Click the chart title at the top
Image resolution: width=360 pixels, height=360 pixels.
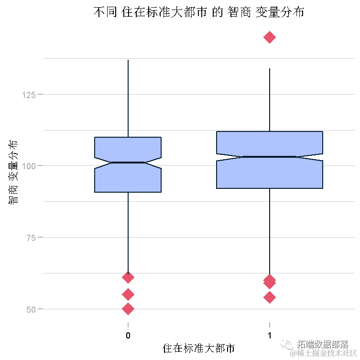click(x=198, y=13)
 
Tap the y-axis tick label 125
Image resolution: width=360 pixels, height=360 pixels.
click(x=29, y=94)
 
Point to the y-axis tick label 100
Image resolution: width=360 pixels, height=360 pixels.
click(x=29, y=166)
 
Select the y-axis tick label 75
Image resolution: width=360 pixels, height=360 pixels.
click(x=31, y=238)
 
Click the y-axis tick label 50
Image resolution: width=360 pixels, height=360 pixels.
click(x=31, y=309)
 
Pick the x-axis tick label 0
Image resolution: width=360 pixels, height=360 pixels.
click(x=128, y=335)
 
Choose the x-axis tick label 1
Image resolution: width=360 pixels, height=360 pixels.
click(x=270, y=335)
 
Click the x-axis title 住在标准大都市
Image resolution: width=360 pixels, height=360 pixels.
click(x=198, y=348)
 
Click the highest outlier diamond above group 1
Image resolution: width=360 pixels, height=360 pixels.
click(x=270, y=37)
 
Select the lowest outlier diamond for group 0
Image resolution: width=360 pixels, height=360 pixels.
click(x=128, y=309)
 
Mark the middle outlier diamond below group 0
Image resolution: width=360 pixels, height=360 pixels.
click(x=128, y=295)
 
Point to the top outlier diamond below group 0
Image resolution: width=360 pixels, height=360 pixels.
click(x=128, y=277)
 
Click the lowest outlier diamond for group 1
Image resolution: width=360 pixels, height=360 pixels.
click(x=270, y=297)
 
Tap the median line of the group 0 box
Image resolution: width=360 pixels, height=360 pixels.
click(x=128, y=163)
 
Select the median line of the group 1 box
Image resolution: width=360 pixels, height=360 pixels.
click(x=270, y=157)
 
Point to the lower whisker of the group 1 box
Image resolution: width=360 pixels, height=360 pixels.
click(x=270, y=229)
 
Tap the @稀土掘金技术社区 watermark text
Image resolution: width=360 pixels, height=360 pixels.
click(x=325, y=353)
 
